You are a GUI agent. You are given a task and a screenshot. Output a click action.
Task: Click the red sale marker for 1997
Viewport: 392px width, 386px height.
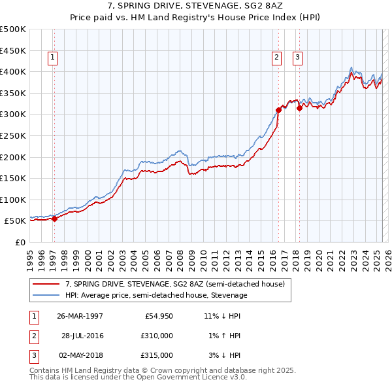(55, 219)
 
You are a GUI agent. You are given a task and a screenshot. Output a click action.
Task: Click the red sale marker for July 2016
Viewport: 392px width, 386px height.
(278, 110)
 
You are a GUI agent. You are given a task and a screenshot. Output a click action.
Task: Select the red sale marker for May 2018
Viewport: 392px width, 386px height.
(299, 108)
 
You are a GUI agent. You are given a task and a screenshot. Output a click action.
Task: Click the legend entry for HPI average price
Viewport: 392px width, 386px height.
(156, 296)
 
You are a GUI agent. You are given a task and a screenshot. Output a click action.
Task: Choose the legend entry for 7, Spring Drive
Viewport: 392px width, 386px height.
(174, 285)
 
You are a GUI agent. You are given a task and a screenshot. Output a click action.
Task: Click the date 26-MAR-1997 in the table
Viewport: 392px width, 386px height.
(80, 316)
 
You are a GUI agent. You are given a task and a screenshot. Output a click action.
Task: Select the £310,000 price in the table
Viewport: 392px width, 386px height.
(157, 336)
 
